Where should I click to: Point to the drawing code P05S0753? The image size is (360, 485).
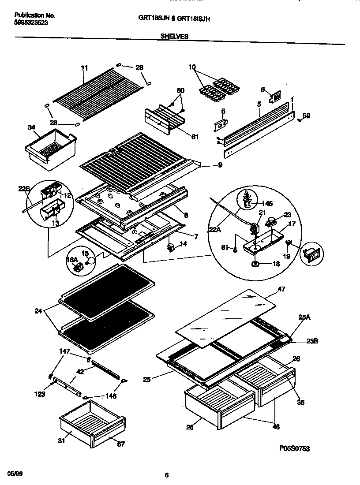[294, 448]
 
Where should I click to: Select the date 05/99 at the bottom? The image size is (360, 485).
[15, 473]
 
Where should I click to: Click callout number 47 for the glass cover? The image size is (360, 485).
[281, 289]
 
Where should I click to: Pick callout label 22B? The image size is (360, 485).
[24, 189]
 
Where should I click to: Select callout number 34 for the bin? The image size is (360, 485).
[31, 128]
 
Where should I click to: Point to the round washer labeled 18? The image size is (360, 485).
[255, 264]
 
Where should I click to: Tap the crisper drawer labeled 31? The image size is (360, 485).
[90, 423]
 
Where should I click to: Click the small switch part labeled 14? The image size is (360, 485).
[171, 246]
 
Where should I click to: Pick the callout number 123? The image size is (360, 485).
[40, 394]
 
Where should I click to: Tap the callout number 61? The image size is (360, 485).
[195, 137]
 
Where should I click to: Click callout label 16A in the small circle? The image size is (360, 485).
[71, 261]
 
